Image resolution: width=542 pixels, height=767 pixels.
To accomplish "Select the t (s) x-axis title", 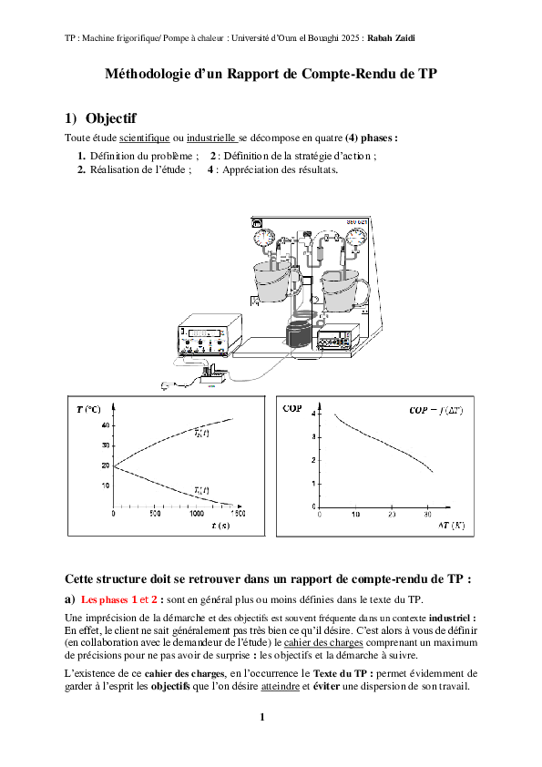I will coord(220,526).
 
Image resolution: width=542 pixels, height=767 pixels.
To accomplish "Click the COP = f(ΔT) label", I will coord(436,411).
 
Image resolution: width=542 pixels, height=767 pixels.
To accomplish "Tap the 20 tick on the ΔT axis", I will coord(392,515).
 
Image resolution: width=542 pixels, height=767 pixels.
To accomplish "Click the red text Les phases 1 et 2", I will coord(119,599).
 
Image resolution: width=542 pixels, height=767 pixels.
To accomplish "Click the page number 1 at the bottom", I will coord(261,718).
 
